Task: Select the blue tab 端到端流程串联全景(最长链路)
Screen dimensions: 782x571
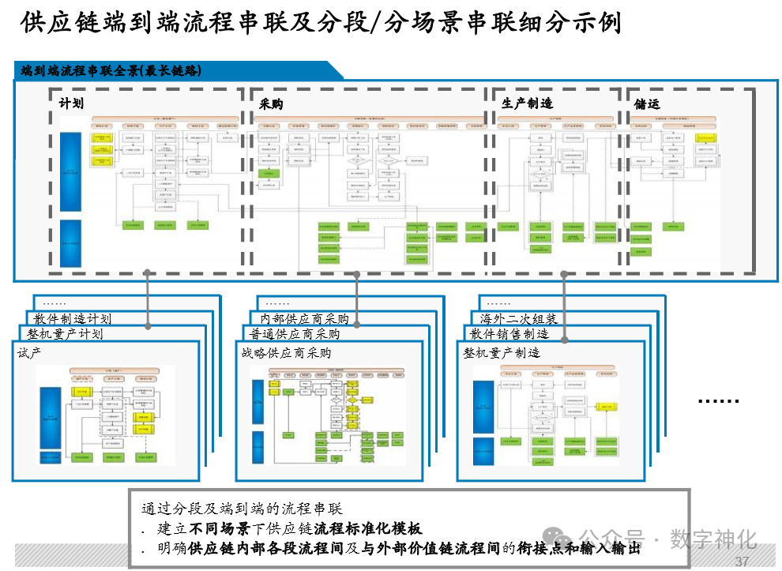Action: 111,70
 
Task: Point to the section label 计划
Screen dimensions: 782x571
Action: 71,103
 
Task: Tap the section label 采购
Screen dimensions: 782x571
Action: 271,103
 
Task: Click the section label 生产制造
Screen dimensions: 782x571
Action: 527,103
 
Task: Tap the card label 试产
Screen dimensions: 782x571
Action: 29,353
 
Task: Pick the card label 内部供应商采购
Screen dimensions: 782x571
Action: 305,319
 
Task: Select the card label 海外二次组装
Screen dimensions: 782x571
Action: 519,319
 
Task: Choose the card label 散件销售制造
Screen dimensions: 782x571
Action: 509,334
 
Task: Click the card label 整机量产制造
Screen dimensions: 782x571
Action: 502,353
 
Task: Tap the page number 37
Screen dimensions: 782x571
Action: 742,562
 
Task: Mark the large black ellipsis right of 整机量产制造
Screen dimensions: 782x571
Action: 718,401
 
